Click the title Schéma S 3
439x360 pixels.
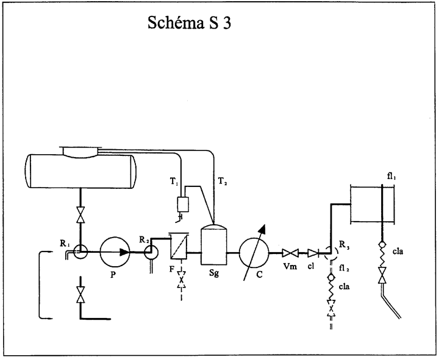click(x=189, y=23)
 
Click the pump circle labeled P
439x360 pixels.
click(x=115, y=252)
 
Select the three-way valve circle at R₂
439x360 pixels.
click(x=151, y=253)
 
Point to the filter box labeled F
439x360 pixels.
click(x=179, y=246)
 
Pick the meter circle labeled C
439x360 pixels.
click(x=254, y=252)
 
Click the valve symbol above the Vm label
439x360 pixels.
click(x=290, y=253)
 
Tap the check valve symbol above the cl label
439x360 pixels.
click(x=313, y=253)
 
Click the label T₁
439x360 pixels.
click(x=174, y=182)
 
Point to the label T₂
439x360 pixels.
click(x=223, y=182)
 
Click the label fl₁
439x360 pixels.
click(x=391, y=177)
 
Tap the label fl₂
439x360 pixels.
click(x=344, y=269)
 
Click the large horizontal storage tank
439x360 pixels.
click(x=80, y=171)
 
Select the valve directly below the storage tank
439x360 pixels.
click(x=80, y=215)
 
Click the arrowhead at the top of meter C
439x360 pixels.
click(x=262, y=229)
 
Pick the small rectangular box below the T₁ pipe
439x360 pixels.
click(x=183, y=204)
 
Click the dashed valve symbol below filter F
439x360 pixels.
click(x=182, y=280)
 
